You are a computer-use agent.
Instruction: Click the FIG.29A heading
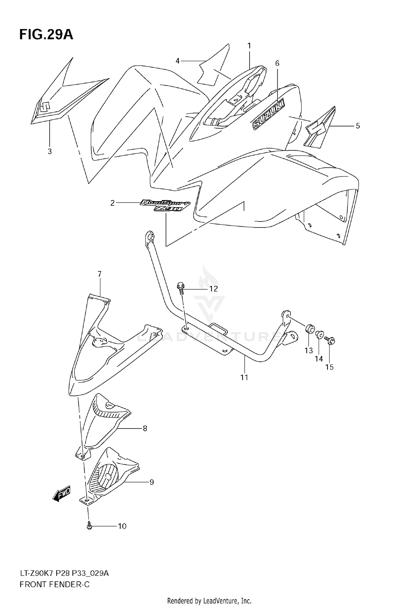point(46,35)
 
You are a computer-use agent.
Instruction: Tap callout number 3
point(49,151)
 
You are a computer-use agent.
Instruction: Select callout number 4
point(178,61)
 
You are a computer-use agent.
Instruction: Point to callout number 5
point(358,126)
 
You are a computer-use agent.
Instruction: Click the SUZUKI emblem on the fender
point(268,114)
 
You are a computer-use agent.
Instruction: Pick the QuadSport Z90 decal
point(165,205)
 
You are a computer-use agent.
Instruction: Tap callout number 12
point(213,289)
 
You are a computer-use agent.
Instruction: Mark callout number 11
point(244,377)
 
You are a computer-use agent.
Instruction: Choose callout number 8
point(145,428)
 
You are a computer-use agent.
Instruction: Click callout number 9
point(151,482)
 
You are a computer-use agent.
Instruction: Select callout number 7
point(99,274)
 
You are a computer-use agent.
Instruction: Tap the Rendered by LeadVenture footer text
point(209,600)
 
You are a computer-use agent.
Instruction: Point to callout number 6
point(277,64)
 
